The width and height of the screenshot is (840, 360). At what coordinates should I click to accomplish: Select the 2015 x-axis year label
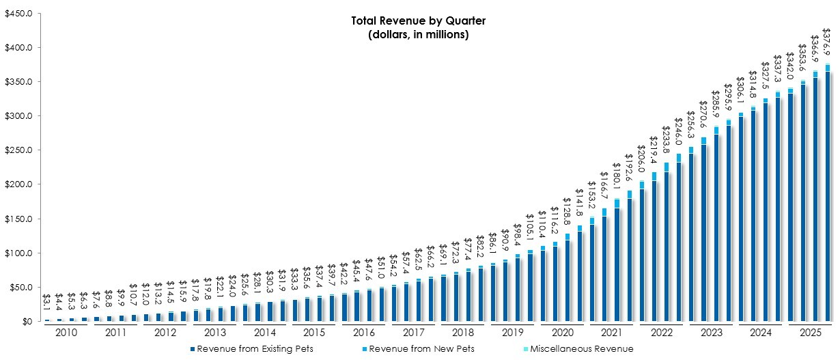313,332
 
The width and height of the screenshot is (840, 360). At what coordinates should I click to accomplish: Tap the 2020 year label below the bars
561,332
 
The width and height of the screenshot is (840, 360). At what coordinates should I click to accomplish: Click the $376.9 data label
827,44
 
